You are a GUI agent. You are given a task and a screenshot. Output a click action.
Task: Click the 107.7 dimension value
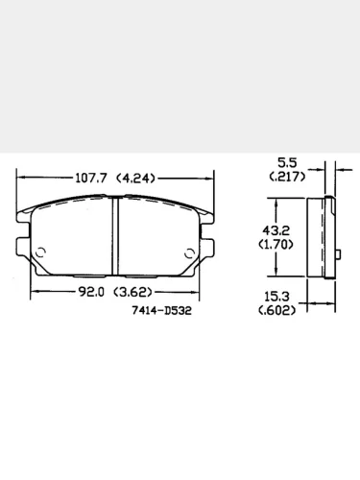click(93, 178)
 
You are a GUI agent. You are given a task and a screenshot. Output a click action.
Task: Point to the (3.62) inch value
click(135, 292)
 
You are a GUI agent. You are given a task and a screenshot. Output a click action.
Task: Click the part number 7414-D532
click(159, 311)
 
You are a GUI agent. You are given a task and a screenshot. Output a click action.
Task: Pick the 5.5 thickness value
click(287, 164)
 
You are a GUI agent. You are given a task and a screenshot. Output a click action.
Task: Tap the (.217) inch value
click(287, 178)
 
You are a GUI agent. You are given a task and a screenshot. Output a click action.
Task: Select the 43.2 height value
click(276, 231)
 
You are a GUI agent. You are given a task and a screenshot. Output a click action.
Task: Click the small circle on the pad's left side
click(41, 252)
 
